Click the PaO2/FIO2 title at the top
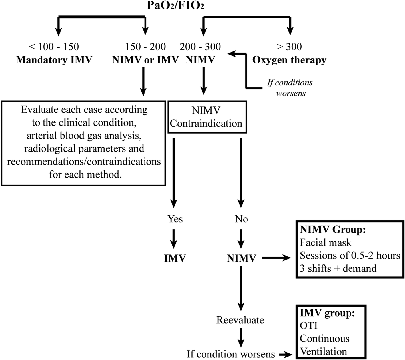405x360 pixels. [x=175, y=5]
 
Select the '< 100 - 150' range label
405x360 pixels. [x=54, y=47]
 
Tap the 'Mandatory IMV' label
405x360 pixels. [x=54, y=60]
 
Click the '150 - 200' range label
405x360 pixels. [x=145, y=47]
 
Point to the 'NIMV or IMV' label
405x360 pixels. [x=145, y=60]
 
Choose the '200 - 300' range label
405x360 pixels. [x=200, y=47]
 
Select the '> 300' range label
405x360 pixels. [x=289, y=47]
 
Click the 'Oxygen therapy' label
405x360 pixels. [x=289, y=60]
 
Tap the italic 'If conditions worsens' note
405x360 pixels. [x=290, y=88]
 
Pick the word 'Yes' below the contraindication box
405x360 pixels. [x=175, y=219]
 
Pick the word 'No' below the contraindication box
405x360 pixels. [x=241, y=219]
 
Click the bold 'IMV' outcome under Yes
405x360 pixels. [x=175, y=258]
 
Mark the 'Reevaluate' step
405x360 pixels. [x=240, y=320]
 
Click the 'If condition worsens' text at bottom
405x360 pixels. [x=231, y=354]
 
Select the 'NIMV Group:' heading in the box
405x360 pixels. [x=333, y=230]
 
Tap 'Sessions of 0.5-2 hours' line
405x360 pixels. [x=350, y=255]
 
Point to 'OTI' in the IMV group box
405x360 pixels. [x=308, y=325]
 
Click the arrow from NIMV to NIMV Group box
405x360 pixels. [x=276, y=258]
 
